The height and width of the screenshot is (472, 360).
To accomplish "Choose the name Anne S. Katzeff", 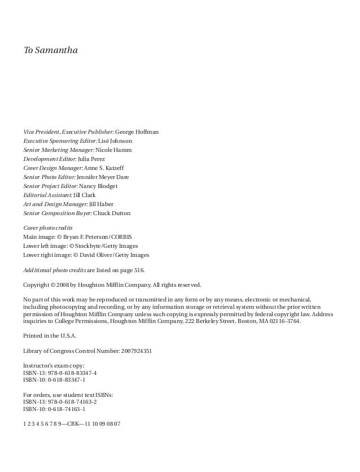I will pos(111,168).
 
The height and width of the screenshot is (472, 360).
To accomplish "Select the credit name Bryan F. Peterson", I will pos(85,236).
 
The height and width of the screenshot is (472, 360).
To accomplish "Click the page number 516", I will pos(145,270).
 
